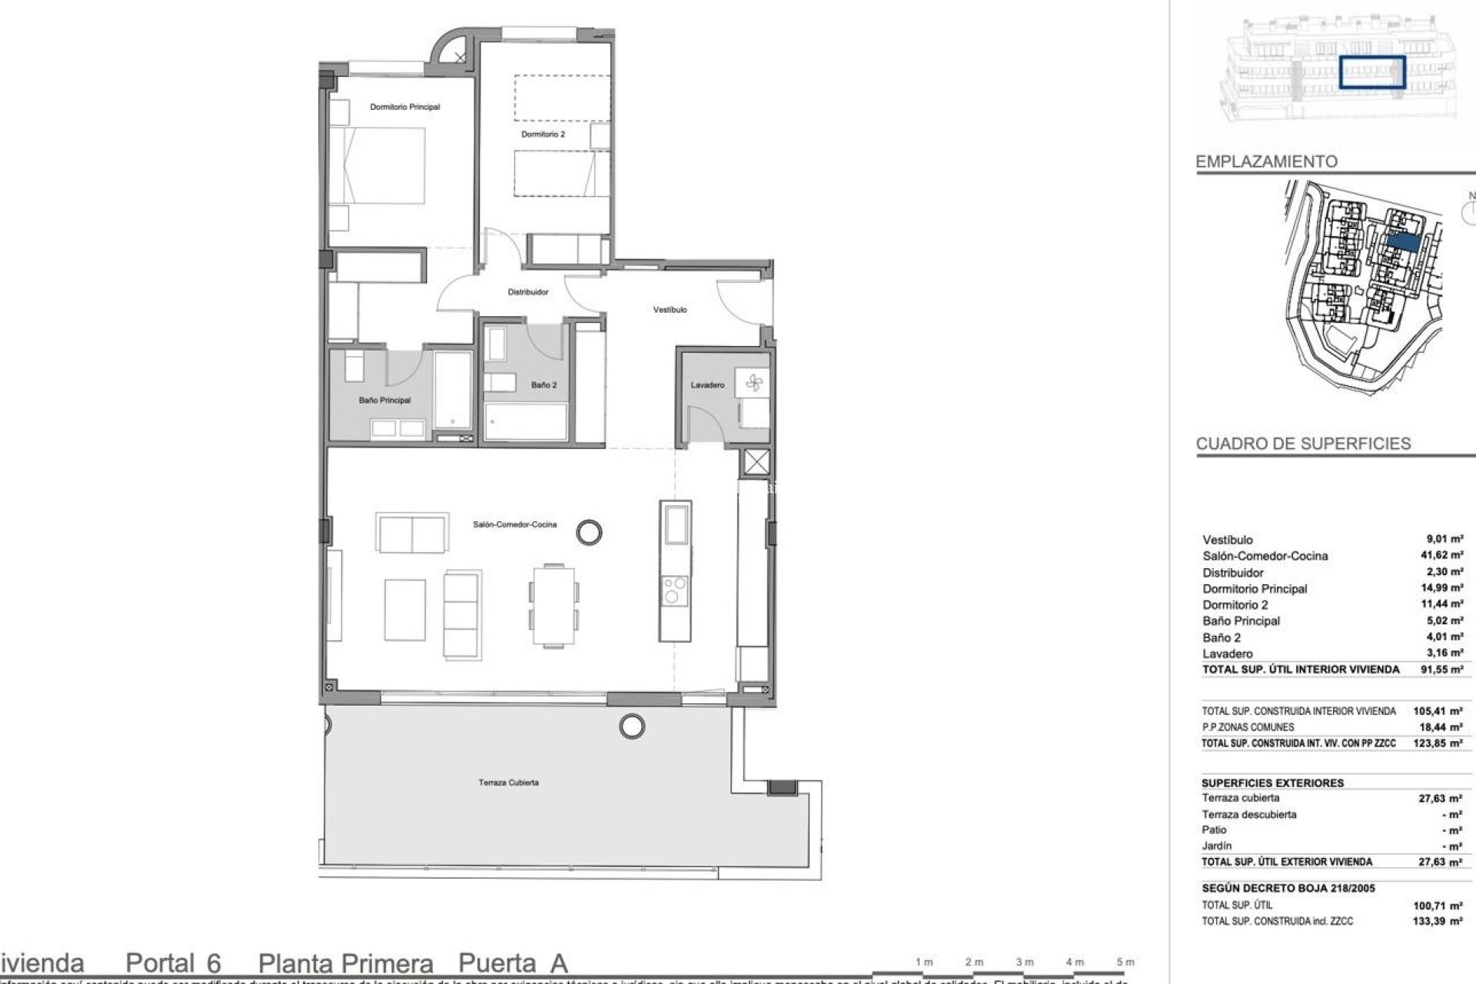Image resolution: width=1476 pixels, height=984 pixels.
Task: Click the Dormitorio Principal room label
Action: pyautogui.click(x=404, y=107)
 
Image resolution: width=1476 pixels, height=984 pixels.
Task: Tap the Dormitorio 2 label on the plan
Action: pyautogui.click(x=543, y=134)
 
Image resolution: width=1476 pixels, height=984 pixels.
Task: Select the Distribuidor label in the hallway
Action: pyautogui.click(x=527, y=292)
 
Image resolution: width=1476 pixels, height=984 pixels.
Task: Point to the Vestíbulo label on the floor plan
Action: pyautogui.click(x=670, y=310)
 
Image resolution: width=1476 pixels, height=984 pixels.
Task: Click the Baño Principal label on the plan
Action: pyautogui.click(x=384, y=401)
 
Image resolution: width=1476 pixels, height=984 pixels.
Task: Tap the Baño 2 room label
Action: pyautogui.click(x=544, y=385)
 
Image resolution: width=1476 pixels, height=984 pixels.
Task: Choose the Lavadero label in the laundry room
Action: pyautogui.click(x=707, y=385)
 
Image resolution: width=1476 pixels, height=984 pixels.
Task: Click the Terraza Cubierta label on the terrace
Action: pyautogui.click(x=508, y=783)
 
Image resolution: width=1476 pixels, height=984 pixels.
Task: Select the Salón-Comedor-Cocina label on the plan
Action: pyautogui.click(x=514, y=524)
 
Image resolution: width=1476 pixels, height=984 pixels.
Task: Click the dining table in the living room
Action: pyautogui.click(x=553, y=606)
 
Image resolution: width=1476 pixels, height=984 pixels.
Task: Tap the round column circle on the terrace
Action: pyautogui.click(x=632, y=725)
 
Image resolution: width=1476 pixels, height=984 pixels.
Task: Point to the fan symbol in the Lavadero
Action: pyautogui.click(x=752, y=382)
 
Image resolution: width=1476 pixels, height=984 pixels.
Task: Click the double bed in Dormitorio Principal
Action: pyautogui.click(x=377, y=166)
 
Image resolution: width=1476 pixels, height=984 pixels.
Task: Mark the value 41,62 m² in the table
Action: pyautogui.click(x=1446, y=556)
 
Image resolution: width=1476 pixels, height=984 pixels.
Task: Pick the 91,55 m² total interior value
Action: pyautogui.click(x=1446, y=670)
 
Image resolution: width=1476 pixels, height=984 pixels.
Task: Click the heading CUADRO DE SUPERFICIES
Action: pyautogui.click(x=1303, y=444)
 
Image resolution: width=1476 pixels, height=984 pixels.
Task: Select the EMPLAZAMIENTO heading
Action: pyautogui.click(x=1266, y=161)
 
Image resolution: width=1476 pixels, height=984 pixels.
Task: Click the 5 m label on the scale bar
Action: pyautogui.click(x=1125, y=962)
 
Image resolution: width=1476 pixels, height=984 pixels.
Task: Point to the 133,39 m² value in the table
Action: pyautogui.click(x=1446, y=921)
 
